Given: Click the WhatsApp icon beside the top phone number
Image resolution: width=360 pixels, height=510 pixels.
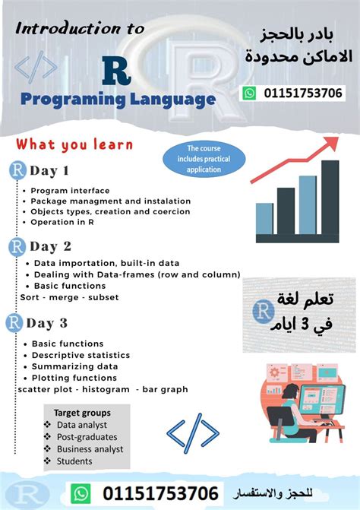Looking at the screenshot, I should (x=250, y=93).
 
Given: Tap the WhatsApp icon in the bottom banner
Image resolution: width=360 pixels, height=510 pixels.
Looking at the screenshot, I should (x=81, y=493).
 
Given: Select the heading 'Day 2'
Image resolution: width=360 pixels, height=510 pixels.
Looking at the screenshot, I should (x=50, y=246).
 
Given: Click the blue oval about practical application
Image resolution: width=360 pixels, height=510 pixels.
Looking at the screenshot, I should (x=198, y=159).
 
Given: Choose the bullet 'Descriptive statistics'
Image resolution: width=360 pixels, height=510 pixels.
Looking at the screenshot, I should (x=81, y=355).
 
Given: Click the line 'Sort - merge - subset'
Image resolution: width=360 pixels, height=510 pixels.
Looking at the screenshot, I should (x=69, y=297).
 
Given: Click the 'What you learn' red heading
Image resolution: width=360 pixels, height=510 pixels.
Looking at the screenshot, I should (x=74, y=144).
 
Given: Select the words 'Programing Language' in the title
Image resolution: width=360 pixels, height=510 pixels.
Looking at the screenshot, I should (x=118, y=99).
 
